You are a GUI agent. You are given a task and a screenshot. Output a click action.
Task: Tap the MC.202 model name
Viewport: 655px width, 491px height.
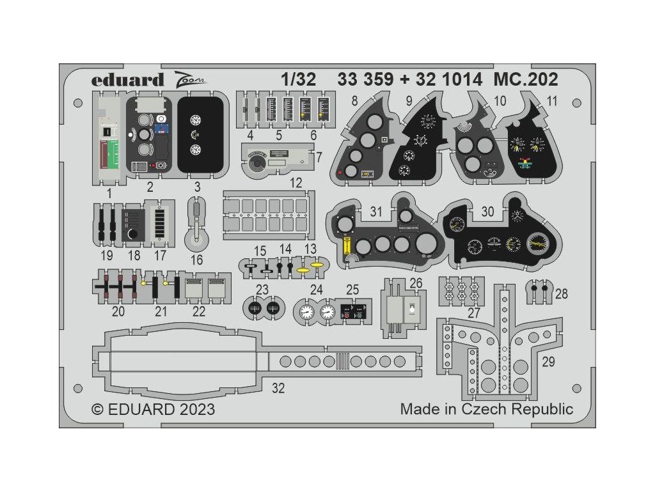(509, 80)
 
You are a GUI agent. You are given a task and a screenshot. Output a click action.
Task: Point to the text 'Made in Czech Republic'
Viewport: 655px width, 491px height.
(487, 409)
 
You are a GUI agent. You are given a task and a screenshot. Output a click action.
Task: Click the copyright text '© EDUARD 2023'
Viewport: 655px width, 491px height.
(154, 409)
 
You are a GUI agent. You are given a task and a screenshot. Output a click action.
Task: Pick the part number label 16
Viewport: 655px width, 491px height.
(196, 260)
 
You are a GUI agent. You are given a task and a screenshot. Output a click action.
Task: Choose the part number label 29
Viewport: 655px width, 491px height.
(548, 362)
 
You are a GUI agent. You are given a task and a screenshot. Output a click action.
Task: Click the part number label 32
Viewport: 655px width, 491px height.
(278, 387)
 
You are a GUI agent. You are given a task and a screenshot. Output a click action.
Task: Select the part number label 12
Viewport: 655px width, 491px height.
(295, 183)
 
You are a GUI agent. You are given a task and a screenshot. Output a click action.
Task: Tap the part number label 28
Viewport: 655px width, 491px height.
(561, 294)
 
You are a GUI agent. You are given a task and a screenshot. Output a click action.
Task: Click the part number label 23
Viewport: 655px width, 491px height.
(262, 289)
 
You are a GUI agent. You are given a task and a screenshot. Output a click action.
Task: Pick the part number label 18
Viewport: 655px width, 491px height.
(134, 255)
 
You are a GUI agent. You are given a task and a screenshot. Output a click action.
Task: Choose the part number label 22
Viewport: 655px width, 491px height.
(200, 311)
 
